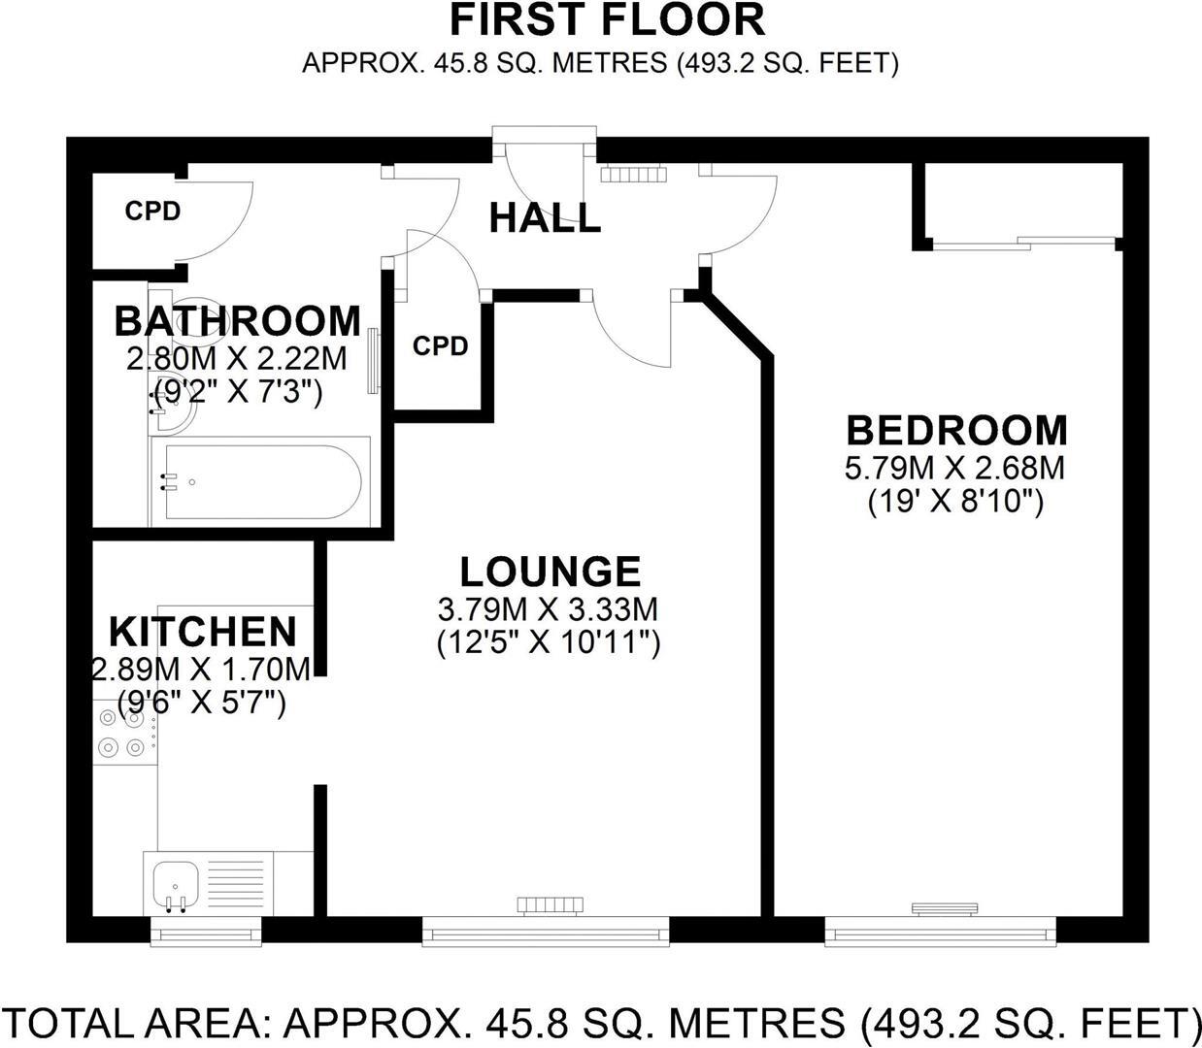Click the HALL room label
(x=545, y=218)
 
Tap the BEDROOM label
(x=956, y=430)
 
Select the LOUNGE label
(x=550, y=572)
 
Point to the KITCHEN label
(x=202, y=632)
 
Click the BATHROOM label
(x=237, y=320)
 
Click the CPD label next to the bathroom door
(x=440, y=346)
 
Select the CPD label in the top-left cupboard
(x=152, y=211)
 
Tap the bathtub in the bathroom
(x=260, y=481)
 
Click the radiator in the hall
(x=634, y=174)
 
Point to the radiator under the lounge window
(x=550, y=905)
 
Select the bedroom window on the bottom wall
(x=939, y=934)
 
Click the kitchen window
(x=207, y=933)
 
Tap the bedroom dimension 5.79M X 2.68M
(x=955, y=469)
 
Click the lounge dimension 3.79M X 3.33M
(x=549, y=609)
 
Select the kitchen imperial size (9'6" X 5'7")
(x=201, y=702)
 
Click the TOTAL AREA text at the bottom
(x=601, y=1023)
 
